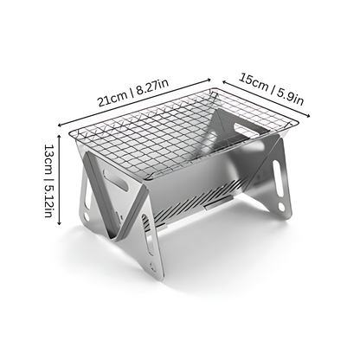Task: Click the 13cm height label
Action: (x=34, y=160)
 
